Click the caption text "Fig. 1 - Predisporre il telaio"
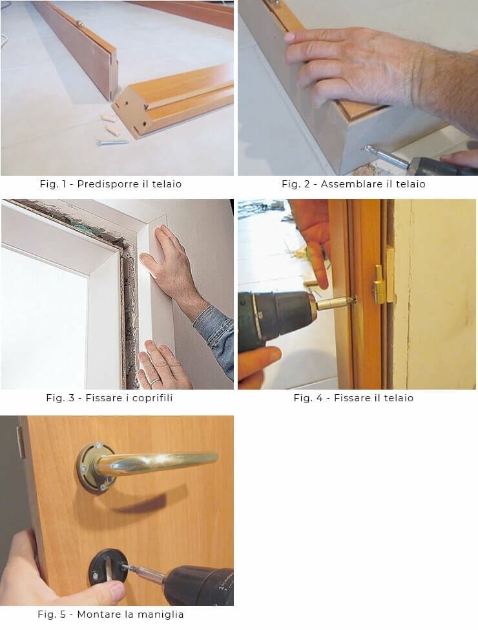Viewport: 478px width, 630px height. click(110, 184)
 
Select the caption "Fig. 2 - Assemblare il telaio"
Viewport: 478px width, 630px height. click(353, 184)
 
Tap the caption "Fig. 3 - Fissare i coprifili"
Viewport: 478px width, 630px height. click(109, 398)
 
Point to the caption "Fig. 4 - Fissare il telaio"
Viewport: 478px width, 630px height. click(353, 398)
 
